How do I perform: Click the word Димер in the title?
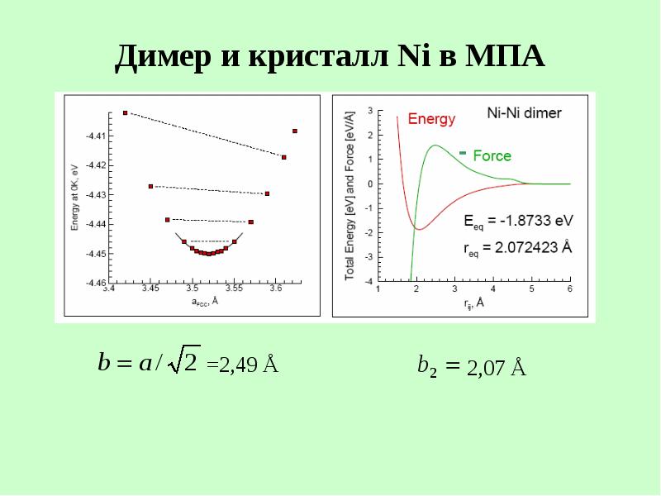pyautogui.click(x=163, y=57)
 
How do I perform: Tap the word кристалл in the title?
pyautogui.click(x=318, y=57)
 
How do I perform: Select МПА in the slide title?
pyautogui.click(x=505, y=56)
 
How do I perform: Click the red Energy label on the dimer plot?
pyautogui.click(x=431, y=118)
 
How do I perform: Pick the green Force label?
pyautogui.click(x=492, y=155)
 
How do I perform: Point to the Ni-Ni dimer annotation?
pyautogui.click(x=524, y=113)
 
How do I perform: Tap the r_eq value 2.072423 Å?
pyautogui.click(x=533, y=247)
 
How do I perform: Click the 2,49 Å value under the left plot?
pyautogui.click(x=249, y=365)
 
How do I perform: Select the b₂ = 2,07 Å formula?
pyautogui.click(x=472, y=365)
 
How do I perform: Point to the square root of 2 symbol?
pyautogui.click(x=183, y=359)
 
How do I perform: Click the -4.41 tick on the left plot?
pyautogui.click(x=94, y=136)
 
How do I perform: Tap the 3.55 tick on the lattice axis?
pyautogui.click(x=234, y=288)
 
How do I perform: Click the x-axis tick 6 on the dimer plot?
pyautogui.click(x=570, y=289)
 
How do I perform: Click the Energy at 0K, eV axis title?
pyautogui.click(x=75, y=198)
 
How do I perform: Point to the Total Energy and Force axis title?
pyautogui.click(x=350, y=196)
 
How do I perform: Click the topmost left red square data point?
pyautogui.click(x=126, y=113)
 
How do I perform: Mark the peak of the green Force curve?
pyautogui.click(x=435, y=145)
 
